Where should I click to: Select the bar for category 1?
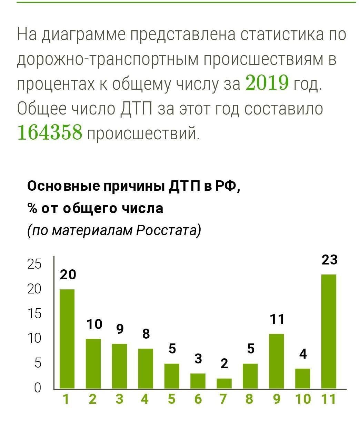pos(67,339)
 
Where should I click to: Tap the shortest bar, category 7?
pos(224,383)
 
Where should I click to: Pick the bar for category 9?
pos(276,361)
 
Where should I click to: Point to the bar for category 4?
pos(146,368)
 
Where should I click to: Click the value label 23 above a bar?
pos(329,260)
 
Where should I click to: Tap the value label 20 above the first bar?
pos(68,274)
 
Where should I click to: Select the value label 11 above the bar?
pos(277,319)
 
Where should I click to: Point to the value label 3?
pos(198,359)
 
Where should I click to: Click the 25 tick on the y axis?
pos(34,264)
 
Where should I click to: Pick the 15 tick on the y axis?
pos(34,314)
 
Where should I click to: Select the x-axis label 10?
pos(303,399)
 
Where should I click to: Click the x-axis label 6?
pos(198,399)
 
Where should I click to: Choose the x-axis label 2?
pos(92,399)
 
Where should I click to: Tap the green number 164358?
pos(50,132)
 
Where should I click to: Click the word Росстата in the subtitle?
pos(168,230)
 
